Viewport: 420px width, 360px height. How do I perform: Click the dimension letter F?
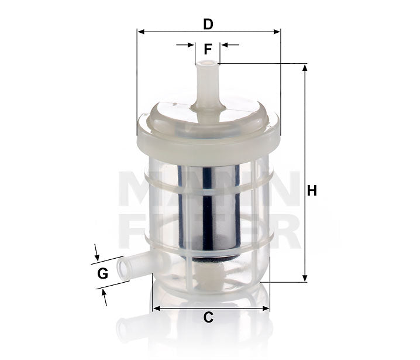click(x=208, y=50)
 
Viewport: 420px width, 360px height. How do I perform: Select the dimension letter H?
click(x=312, y=191)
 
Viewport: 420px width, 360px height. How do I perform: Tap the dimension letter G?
click(x=102, y=273)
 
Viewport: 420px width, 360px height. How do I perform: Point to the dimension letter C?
click(x=208, y=318)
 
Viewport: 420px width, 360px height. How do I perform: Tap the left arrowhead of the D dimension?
click(x=141, y=31)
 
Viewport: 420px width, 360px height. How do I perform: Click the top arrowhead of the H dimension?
click(x=304, y=68)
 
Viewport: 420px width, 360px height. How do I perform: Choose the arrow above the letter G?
click(x=97, y=253)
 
